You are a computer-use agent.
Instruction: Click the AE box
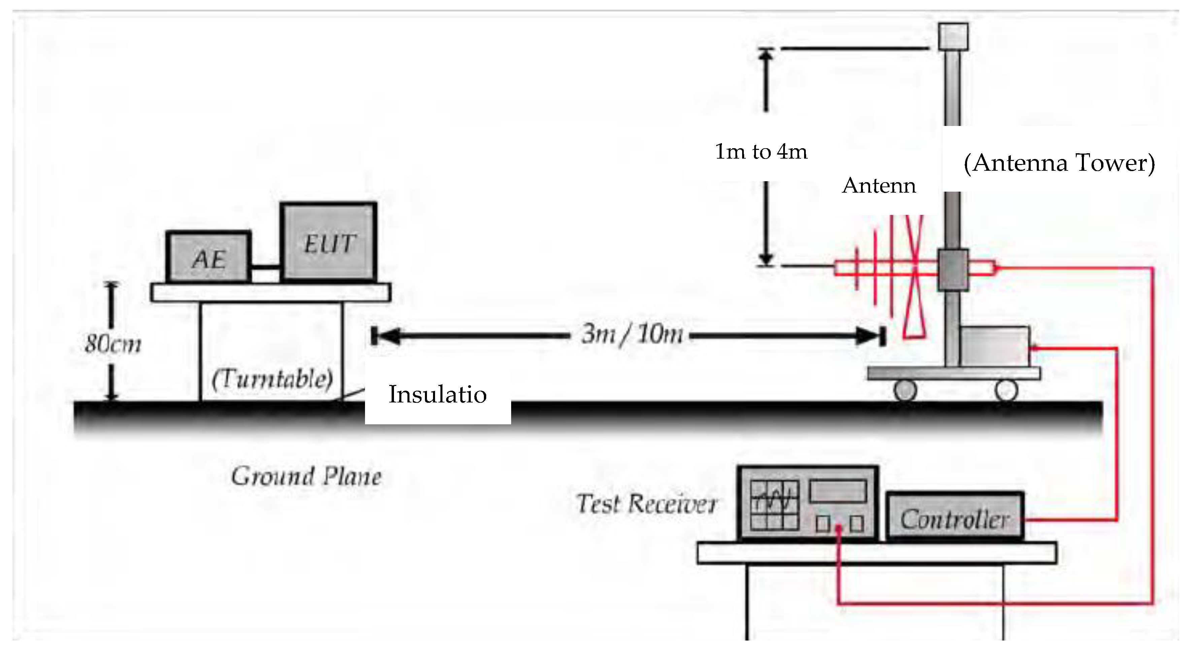point(209,257)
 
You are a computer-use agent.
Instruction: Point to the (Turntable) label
point(272,379)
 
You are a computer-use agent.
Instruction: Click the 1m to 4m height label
point(761,152)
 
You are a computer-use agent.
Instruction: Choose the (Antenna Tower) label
point(1059,163)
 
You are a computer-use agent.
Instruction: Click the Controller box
point(955,518)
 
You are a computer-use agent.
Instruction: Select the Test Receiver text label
point(647,504)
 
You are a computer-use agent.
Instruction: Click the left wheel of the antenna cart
point(905,390)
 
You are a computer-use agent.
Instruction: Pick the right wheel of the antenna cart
point(1006,390)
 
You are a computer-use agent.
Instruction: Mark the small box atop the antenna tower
point(953,36)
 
